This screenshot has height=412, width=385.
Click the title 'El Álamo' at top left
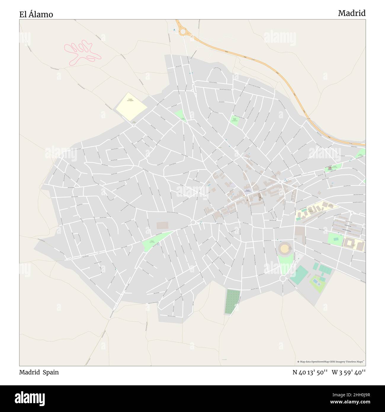(36, 14)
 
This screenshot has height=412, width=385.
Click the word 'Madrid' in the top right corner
(352, 13)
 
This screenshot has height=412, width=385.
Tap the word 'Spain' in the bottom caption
(52, 372)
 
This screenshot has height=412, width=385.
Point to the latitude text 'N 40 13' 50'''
(310, 372)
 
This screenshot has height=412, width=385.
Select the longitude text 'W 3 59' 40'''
(349, 372)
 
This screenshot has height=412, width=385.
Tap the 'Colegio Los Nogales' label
(130, 100)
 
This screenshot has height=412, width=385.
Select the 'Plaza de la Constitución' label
(248, 191)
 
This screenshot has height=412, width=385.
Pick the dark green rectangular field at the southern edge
(232, 301)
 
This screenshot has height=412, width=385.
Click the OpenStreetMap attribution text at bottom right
(331, 362)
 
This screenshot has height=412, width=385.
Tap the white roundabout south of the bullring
(283, 278)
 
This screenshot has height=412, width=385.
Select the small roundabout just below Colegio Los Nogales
(134, 125)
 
